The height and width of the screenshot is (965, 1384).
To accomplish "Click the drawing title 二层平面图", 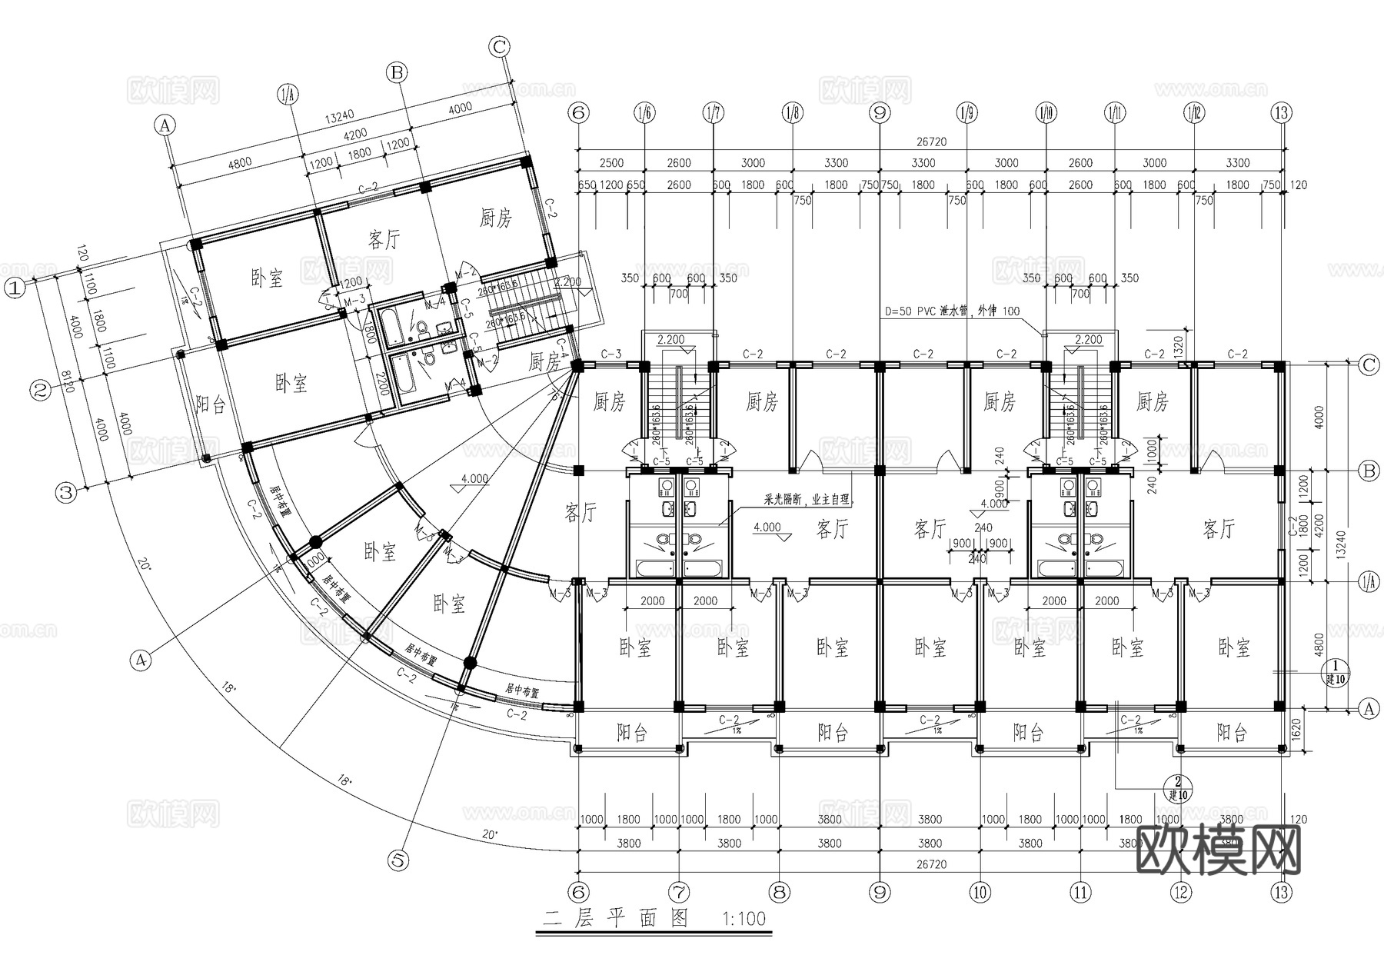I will [x=615, y=918].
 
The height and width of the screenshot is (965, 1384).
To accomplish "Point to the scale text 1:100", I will [x=744, y=918].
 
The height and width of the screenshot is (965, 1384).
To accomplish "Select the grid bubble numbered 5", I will [x=398, y=860].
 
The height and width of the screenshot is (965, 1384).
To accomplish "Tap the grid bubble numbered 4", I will [x=140, y=659].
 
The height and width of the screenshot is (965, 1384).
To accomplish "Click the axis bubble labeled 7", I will [x=679, y=892].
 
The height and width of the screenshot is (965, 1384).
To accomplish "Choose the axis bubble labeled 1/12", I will [x=1193, y=113].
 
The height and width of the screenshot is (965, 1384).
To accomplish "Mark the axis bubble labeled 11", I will [x=1080, y=892].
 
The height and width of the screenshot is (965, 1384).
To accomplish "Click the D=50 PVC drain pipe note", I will [x=952, y=311].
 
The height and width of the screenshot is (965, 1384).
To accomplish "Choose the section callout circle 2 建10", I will [x=1176, y=789].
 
